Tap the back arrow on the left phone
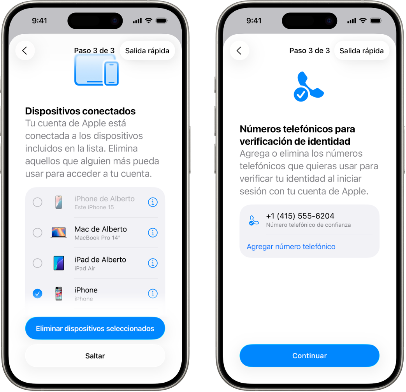pos(25,51)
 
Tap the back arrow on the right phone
pos(239,51)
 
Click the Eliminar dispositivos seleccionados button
pos(95,329)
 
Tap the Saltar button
pos(95,356)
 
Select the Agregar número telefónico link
pos(291,247)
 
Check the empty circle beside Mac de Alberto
pos(37,233)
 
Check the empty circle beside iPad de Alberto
pos(37,263)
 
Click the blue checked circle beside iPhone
pos(37,294)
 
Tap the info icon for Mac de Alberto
pos(153,233)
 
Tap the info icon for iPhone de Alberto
pos(153,202)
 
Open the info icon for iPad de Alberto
pos(153,263)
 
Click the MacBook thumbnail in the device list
pos(59,233)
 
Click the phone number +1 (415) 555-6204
pos(300,216)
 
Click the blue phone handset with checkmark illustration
pos(308,86)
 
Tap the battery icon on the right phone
pos(376,21)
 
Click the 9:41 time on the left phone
pos(40,21)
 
